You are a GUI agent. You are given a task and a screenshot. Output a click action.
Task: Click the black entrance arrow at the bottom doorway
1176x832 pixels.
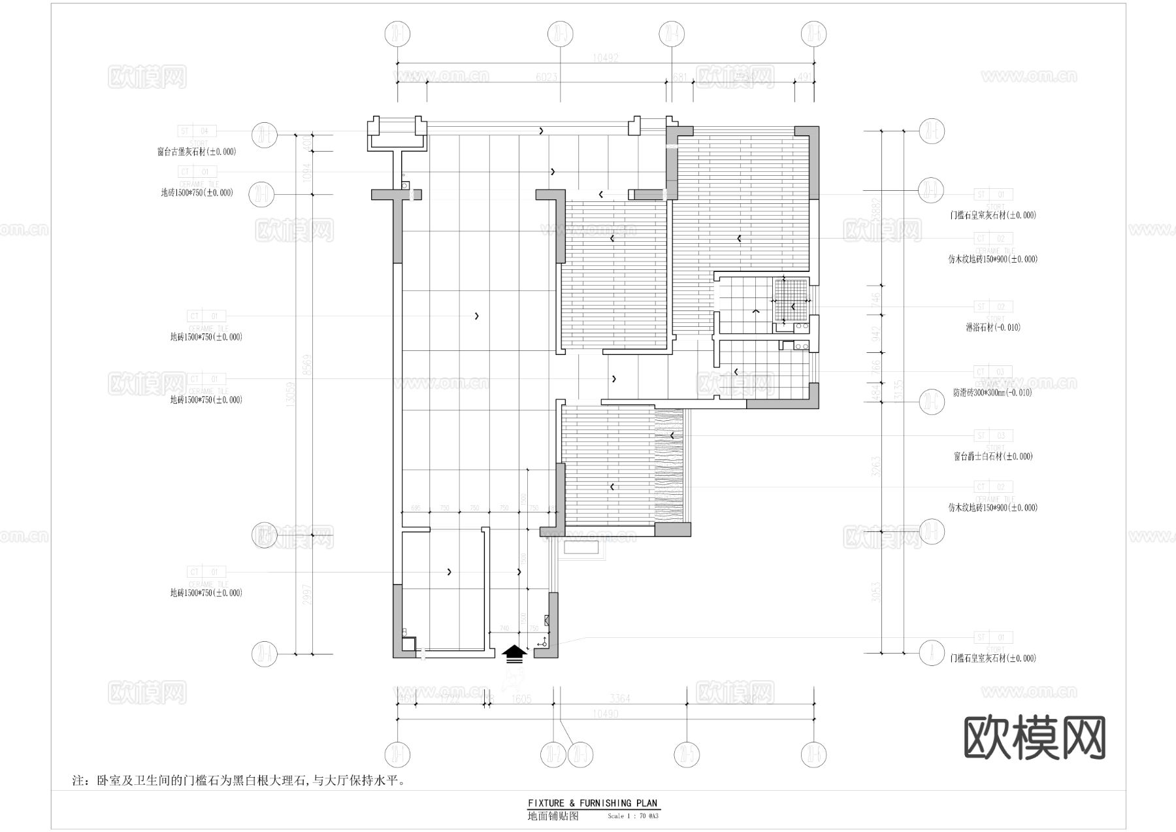pyautogui.click(x=514, y=653)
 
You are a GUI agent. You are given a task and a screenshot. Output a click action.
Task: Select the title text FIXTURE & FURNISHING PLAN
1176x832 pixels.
pyautogui.click(x=593, y=803)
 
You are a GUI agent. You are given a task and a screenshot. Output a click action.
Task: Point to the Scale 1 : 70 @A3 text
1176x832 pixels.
pyautogui.click(x=632, y=816)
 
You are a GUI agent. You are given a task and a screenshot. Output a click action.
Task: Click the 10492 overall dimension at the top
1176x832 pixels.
pyautogui.click(x=605, y=58)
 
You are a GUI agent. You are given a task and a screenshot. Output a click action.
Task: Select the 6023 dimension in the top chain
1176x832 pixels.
pyautogui.click(x=546, y=78)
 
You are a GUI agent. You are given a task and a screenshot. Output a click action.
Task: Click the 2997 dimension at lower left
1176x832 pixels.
pyautogui.click(x=306, y=595)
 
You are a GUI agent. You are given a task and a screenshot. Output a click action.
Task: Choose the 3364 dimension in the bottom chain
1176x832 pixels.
pyautogui.click(x=619, y=699)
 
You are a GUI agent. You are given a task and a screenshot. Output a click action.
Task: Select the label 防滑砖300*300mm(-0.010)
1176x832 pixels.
pyautogui.click(x=992, y=393)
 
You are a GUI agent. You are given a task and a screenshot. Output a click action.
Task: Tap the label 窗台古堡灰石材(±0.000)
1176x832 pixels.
pyautogui.click(x=197, y=152)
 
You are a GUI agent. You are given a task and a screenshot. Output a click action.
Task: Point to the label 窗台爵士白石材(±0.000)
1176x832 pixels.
pyautogui.click(x=993, y=457)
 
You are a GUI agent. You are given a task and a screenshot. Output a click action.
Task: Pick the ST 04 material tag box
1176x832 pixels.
pyautogui.click(x=197, y=131)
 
